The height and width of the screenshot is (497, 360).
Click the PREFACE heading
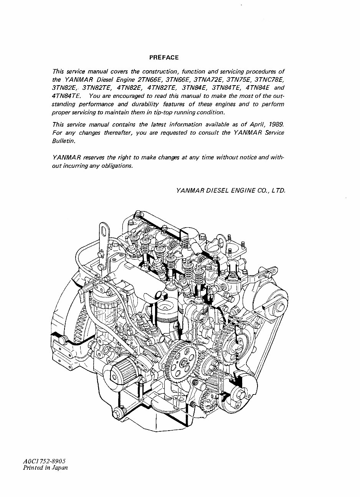pyautogui.click(x=164, y=58)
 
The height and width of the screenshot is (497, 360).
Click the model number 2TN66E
pyautogui.click(x=147, y=80)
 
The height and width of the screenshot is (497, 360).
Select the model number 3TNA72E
pyautogui.click(x=209, y=80)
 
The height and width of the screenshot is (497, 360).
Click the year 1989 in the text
pyautogui.click(x=275, y=124)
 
